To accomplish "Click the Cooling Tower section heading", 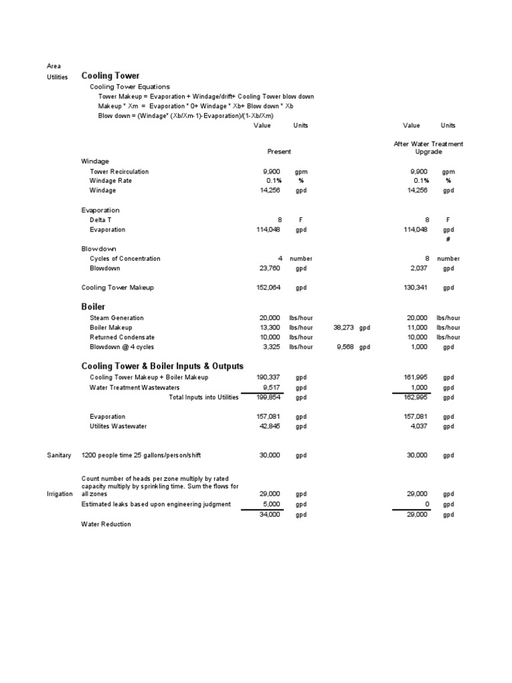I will pyautogui.click(x=110, y=76).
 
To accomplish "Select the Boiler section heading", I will pyautogui.click(x=93, y=306).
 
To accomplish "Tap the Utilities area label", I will pyautogui.click(x=57, y=77).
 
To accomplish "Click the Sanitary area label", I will pyautogui.click(x=59, y=455).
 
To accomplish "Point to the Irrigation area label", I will pyautogui.click(x=59, y=494).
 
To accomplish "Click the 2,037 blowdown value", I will pyautogui.click(x=419, y=268).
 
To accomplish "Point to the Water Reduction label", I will pyautogui.click(x=106, y=524).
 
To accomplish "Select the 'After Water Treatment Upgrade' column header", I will pyautogui.click(x=429, y=147).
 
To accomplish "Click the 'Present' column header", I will pyautogui.click(x=279, y=151).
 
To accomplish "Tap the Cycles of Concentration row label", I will pyautogui.click(x=125, y=258).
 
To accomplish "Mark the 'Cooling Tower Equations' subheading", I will pyautogui.click(x=130, y=87).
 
